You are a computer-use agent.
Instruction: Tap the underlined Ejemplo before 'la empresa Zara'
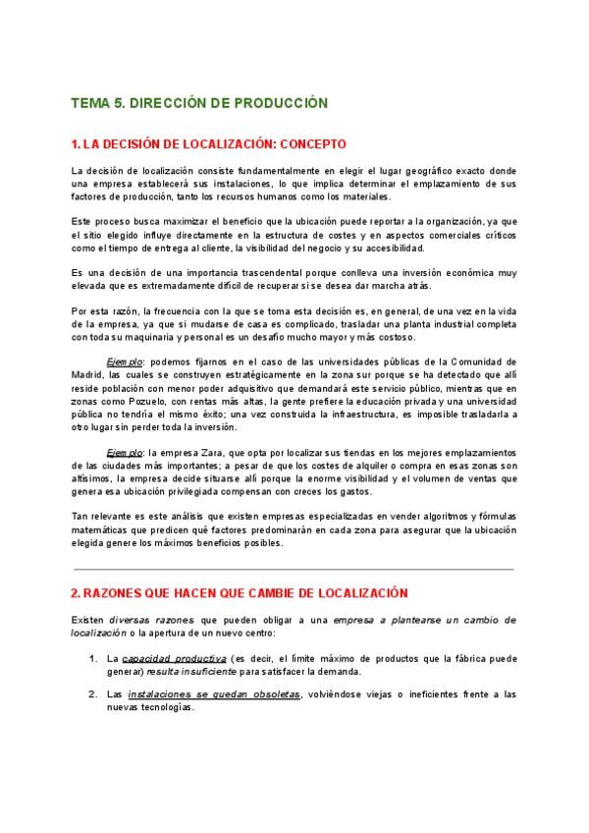pos(125,452)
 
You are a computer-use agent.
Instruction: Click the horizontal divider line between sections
pos(294,569)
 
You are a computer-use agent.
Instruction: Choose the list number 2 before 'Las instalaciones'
pos(93,694)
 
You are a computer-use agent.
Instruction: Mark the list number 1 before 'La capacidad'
pos(93,658)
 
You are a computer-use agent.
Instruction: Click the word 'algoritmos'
pos(412,517)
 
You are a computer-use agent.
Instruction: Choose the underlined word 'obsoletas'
pos(275,694)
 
